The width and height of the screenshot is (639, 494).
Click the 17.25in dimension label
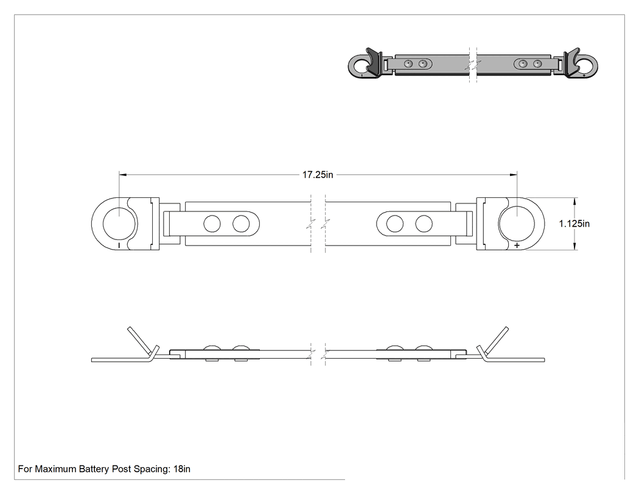tap(318, 175)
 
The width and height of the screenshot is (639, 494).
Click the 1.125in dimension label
tap(574, 224)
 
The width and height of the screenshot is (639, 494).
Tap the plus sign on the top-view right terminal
tap(517, 245)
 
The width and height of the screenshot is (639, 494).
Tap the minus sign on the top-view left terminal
tap(119, 245)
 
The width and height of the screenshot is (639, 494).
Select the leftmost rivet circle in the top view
tap(212, 224)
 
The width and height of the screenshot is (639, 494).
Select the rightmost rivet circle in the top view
tap(424, 224)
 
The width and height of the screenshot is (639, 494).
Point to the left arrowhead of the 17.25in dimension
tap(123, 175)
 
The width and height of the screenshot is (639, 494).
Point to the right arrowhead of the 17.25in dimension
tap(513, 175)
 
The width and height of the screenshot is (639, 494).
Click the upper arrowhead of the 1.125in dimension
tap(574, 202)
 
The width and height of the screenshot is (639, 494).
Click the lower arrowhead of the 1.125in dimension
tap(574, 245)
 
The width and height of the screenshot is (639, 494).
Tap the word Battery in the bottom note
tap(94, 469)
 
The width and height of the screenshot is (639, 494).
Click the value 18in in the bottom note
tap(182, 469)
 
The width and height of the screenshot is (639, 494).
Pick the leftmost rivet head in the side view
tap(212, 348)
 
